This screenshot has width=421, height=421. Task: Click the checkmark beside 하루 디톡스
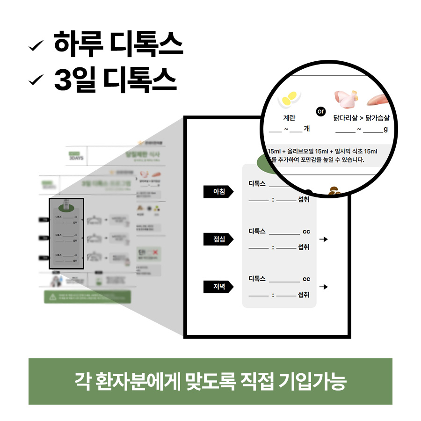[36, 46]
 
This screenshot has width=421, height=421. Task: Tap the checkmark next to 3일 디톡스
[36, 80]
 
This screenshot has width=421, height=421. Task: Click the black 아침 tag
[218, 191]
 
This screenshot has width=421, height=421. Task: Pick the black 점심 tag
[218, 239]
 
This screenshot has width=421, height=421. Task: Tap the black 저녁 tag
[218, 287]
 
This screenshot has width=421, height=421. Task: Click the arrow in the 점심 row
[323, 239]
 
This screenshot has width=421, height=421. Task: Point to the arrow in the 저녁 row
[323, 287]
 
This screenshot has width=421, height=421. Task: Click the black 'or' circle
[320, 112]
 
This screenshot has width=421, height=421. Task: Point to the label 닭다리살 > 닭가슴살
[362, 118]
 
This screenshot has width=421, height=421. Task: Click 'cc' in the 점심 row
[306, 232]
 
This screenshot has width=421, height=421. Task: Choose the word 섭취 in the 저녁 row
[304, 295]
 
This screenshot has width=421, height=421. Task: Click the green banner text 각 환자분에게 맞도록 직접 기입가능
[210, 381]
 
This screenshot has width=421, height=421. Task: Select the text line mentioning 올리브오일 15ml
[323, 152]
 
